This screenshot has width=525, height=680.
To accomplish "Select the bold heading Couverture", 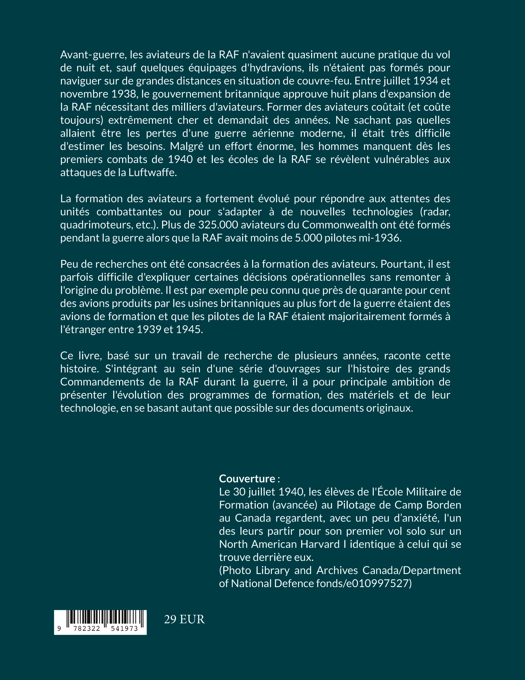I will (247, 478).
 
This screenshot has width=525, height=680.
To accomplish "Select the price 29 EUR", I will (184, 620).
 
